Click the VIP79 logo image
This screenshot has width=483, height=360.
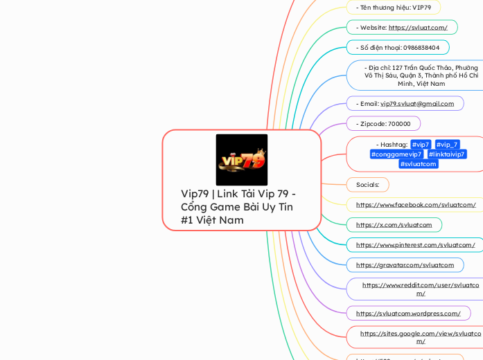pyautogui.click(x=241, y=160)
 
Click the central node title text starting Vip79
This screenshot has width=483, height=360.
pyautogui.click(x=238, y=206)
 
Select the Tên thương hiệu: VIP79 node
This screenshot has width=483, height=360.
pyautogui.click(x=393, y=8)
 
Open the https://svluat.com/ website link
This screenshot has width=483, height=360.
pyautogui.click(x=418, y=28)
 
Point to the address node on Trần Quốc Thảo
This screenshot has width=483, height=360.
pyautogui.click(x=421, y=75)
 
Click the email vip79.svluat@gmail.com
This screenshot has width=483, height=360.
pyautogui.click(x=417, y=104)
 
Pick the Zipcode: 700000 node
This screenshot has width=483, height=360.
pyautogui.click(x=385, y=124)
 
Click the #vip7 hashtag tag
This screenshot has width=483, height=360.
pyautogui.click(x=421, y=144)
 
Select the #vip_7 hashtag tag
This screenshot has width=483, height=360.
pyautogui.click(x=447, y=144)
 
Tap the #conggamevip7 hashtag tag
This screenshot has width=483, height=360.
pyautogui.click(x=396, y=154)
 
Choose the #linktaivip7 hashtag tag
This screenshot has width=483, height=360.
pyautogui.click(x=446, y=154)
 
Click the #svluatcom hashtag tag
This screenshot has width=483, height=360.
pyautogui.click(x=419, y=164)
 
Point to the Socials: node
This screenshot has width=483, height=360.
pyautogui.click(x=367, y=185)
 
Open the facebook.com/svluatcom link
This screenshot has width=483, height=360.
pyautogui.click(x=416, y=205)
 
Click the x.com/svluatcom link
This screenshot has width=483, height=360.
pyautogui.click(x=394, y=225)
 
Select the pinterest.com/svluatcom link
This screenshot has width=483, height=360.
pyautogui.click(x=415, y=245)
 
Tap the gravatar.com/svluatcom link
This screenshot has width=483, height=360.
pyautogui.click(x=405, y=265)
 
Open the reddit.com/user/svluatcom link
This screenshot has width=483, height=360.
pyautogui.click(x=421, y=289)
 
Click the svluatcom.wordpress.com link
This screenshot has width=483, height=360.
pyautogui.click(x=408, y=314)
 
